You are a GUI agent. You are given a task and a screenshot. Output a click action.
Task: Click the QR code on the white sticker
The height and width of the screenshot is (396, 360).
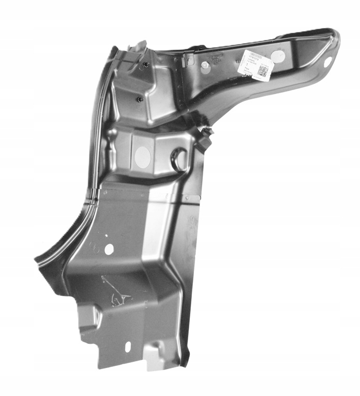263,71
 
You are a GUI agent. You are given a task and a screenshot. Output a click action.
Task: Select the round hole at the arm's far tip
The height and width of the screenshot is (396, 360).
327,61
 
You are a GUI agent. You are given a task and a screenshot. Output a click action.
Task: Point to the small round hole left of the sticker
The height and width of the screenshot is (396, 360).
205,65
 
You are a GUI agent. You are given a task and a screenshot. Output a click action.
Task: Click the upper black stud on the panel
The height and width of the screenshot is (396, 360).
146,65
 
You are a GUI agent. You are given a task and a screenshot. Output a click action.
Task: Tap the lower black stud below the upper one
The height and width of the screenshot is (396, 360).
140,99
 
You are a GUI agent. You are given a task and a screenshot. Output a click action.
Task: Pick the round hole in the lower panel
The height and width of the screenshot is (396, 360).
109,249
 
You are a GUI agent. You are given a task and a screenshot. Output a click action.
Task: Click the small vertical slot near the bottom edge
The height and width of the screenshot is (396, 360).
128,346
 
